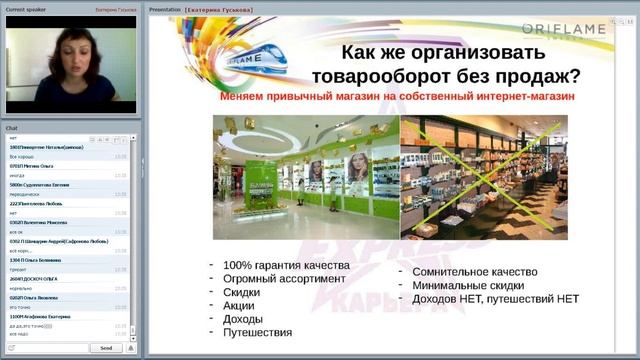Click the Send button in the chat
106,348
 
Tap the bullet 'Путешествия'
258,333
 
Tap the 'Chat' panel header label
12,129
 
